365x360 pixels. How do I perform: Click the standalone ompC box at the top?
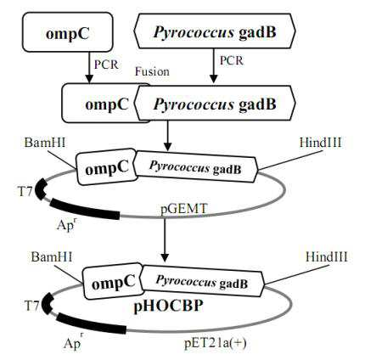(68, 32)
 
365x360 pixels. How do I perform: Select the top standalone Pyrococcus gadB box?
(215, 31)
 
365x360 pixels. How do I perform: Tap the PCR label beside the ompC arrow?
(106, 65)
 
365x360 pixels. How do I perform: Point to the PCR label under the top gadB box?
(232, 60)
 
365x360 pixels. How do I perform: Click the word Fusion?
(152, 71)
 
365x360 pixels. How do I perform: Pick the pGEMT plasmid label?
(184, 210)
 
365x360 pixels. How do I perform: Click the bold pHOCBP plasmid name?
(168, 307)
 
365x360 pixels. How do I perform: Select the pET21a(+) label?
(216, 343)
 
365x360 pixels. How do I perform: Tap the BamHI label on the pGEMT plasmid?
(45, 142)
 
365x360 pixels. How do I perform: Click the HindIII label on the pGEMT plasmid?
(321, 143)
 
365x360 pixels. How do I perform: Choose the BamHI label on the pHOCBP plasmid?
(52, 257)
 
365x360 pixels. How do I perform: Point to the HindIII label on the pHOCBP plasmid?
(327, 257)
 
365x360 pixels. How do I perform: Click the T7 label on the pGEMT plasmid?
(25, 192)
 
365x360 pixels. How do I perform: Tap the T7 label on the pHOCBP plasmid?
(31, 306)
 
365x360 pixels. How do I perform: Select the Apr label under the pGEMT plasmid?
(67, 224)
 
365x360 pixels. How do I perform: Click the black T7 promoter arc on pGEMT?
(40, 189)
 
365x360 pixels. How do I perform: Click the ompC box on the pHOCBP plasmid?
(113, 282)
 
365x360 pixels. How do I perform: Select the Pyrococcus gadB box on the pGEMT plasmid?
(196, 167)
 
